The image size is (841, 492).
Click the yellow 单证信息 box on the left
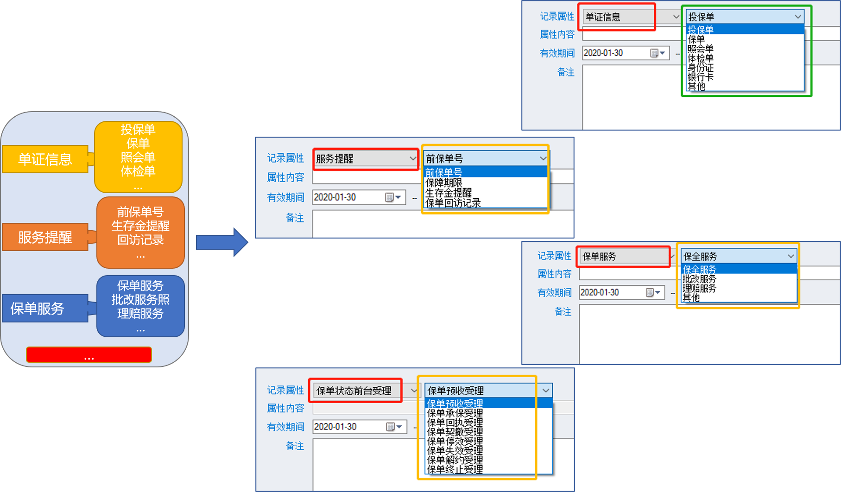point(45,159)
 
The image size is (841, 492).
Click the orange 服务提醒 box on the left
point(45,237)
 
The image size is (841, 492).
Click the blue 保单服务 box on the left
point(38,309)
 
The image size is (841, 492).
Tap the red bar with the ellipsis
point(89,355)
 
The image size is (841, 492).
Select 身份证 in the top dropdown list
point(700,68)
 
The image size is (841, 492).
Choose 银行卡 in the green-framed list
point(700,77)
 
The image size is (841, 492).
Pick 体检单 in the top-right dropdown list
point(700,58)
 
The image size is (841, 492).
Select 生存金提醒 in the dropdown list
point(449,193)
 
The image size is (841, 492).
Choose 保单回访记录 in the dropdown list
point(453,203)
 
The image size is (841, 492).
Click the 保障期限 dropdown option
point(444,183)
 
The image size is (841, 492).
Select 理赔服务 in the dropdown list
point(699,288)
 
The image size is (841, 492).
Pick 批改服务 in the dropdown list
point(699,279)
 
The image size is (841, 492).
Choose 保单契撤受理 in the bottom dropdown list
point(455,432)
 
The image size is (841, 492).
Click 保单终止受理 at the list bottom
point(455,469)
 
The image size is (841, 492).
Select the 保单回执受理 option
point(455,423)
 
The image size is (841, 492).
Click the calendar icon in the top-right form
point(654,53)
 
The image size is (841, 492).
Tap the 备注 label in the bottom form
point(295,446)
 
